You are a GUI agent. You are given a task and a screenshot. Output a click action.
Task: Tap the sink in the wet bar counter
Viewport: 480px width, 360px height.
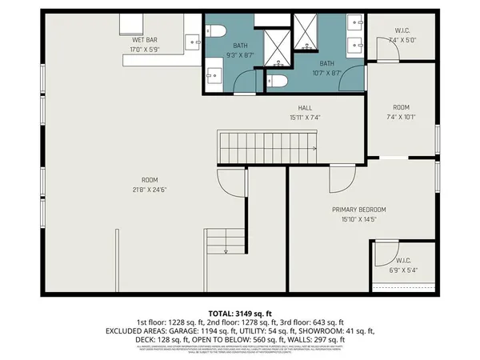193,40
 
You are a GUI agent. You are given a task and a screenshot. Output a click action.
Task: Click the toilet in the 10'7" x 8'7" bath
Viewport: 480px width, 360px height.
276,80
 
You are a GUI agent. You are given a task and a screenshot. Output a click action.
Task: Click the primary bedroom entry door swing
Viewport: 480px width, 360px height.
341,174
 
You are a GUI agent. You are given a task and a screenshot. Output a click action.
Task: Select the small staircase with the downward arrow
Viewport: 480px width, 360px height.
226,241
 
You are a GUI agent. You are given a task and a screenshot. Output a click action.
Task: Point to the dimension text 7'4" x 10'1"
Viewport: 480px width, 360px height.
400,115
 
